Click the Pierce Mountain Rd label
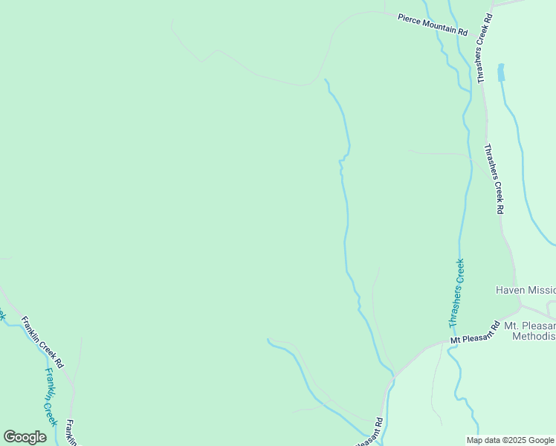point(433,25)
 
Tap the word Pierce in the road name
point(410,18)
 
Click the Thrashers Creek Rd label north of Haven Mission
point(494,179)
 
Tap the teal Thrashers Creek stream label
point(456,293)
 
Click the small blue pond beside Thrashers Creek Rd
point(501,72)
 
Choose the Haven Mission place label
point(525,290)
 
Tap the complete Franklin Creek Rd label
point(42,345)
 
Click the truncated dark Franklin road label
point(70,432)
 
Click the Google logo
point(25,437)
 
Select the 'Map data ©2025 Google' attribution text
point(509,440)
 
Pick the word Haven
point(510,290)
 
